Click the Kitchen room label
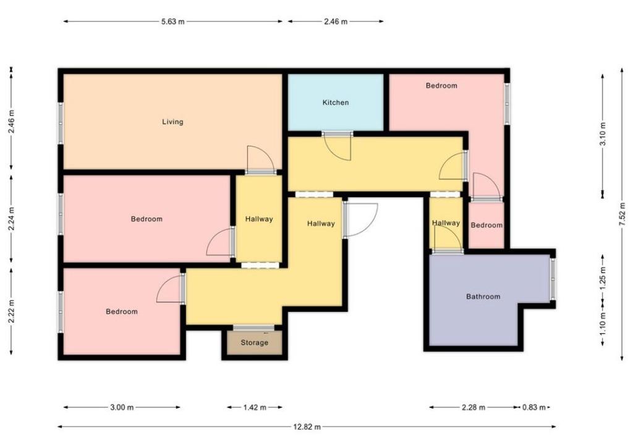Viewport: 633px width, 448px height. click(336, 103)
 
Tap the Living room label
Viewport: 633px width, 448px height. click(173, 122)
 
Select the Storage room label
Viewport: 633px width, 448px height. click(254, 343)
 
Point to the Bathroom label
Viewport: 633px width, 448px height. click(483, 297)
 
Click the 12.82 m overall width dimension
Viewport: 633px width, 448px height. click(307, 426)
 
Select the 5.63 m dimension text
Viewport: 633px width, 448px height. click(173, 22)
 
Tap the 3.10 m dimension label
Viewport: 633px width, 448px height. click(603, 134)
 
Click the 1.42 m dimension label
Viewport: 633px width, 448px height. click(255, 408)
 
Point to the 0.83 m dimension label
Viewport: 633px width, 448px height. click(534, 408)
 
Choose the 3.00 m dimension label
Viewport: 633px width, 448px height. click(122, 408)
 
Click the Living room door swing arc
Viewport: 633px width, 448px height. click(261, 159)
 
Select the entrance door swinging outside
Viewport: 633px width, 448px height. click(360, 221)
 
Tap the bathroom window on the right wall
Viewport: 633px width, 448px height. click(552, 279)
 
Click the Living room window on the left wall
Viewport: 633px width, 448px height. click(61, 123)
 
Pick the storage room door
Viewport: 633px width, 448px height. click(253, 328)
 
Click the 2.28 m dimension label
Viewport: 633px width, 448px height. click(474, 408)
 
